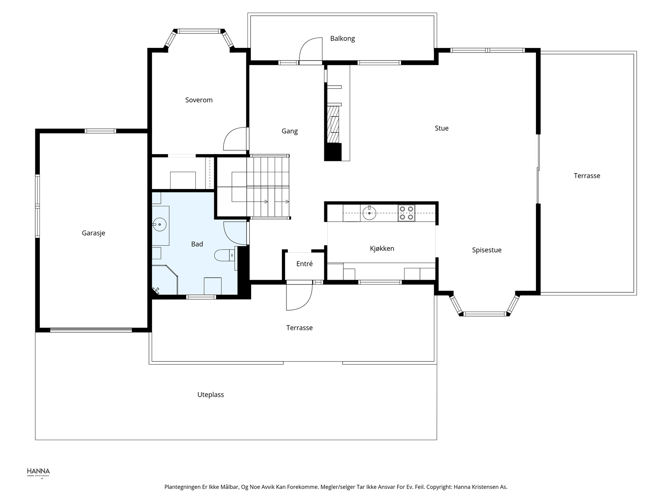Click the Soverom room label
tap(199, 100)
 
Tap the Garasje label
tap(93, 233)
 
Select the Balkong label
tap(342, 39)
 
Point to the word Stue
tap(441, 128)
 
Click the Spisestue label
tap(486, 250)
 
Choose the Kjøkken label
tap(382, 249)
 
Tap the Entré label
tap(304, 264)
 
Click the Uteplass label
tap(210, 395)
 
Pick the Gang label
tap(289, 131)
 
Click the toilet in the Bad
tap(225, 255)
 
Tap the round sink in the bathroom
tap(159, 225)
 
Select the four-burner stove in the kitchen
tap(406, 213)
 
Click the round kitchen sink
tap(369, 213)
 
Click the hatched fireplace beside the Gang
tap(333, 125)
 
